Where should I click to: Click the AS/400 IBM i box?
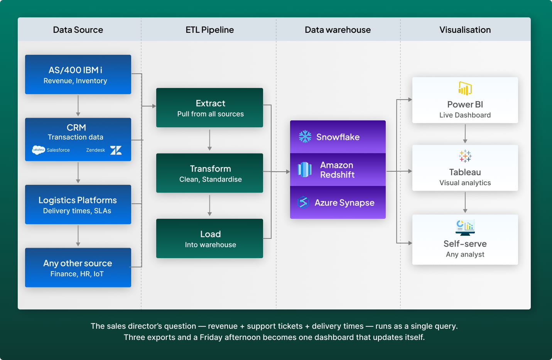[78, 74]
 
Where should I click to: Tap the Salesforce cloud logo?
[38, 150]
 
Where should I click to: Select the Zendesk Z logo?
[116, 150]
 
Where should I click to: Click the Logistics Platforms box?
[78, 205]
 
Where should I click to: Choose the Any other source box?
[78, 267]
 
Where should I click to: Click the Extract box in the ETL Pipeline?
[209, 108]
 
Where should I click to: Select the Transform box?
[209, 173]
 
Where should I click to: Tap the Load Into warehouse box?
[209, 238]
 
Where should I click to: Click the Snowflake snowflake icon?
[305, 137]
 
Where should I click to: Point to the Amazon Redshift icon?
[304, 169]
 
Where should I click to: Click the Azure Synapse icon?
[304, 202]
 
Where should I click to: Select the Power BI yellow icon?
[465, 88]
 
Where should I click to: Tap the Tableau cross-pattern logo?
[465, 156]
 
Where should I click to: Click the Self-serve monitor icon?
[465, 227]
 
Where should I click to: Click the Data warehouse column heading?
[338, 30]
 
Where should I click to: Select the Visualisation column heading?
[465, 30]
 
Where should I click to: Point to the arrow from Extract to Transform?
[209, 140]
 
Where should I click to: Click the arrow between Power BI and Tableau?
[465, 134]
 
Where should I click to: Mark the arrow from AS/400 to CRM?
[78, 106]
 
